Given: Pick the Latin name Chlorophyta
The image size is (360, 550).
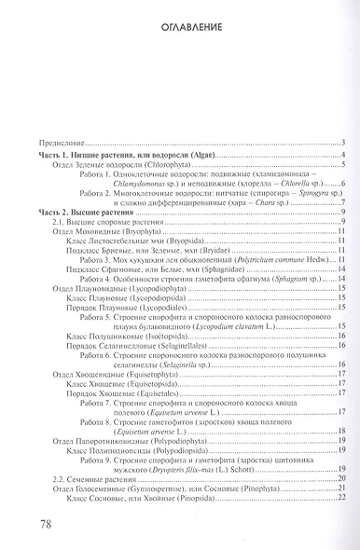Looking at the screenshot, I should coord(143,164).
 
